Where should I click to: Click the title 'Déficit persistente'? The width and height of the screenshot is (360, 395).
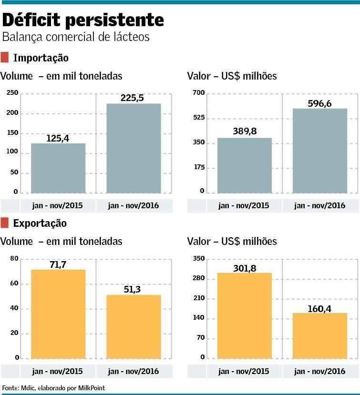click(x=83, y=20)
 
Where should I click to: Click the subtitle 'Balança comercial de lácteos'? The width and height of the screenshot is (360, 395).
click(x=76, y=37)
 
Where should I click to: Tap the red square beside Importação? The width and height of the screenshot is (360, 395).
click(x=5, y=58)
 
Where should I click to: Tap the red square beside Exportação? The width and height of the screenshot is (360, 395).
click(x=5, y=223)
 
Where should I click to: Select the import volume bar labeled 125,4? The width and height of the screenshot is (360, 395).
click(x=58, y=168)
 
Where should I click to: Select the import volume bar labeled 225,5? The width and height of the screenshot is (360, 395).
click(x=134, y=148)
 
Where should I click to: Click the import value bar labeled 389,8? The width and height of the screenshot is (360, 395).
click(x=245, y=165)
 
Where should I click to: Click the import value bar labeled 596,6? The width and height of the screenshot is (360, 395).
click(x=320, y=151)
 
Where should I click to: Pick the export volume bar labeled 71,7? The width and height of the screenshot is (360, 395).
click(x=58, y=314)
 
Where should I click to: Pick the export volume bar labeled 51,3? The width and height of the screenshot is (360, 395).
click(x=134, y=326)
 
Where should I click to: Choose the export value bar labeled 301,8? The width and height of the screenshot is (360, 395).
click(x=245, y=315)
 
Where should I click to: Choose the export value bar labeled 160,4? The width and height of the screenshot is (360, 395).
click(x=320, y=335)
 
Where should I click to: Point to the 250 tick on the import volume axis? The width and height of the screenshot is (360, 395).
click(x=12, y=93)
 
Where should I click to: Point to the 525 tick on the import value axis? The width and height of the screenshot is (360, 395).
click(x=198, y=118)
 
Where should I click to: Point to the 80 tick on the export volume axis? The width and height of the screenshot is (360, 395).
click(x=14, y=259)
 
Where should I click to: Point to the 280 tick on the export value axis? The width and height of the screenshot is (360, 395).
click(x=198, y=278)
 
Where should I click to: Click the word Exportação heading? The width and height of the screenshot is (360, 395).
click(x=40, y=223)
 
